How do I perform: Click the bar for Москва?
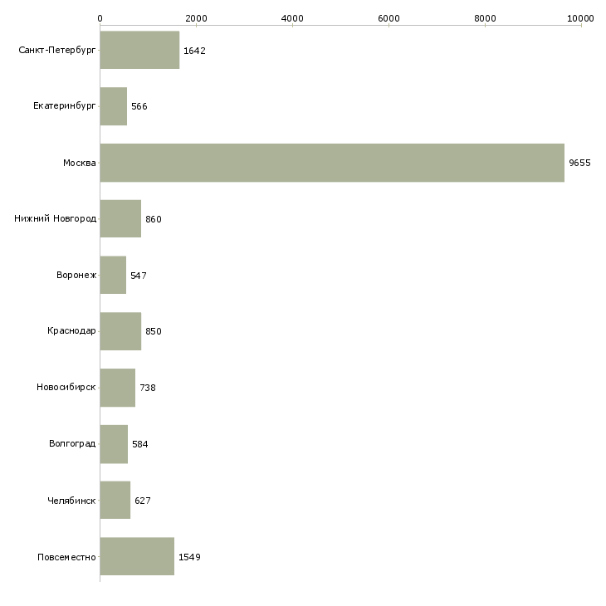pyautogui.click(x=332, y=163)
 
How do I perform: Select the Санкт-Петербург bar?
pyautogui.click(x=139, y=50)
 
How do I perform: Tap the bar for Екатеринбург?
pyautogui.click(x=113, y=106)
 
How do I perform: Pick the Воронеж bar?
pyautogui.click(x=113, y=275)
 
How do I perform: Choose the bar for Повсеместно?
pyautogui.click(x=137, y=556)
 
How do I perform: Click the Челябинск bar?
pyautogui.click(x=115, y=500)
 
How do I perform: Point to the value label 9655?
pyautogui.click(x=579, y=163)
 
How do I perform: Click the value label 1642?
pyautogui.click(x=194, y=51)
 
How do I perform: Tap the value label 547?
pyautogui.click(x=139, y=276)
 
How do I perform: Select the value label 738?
pyautogui.click(x=148, y=388)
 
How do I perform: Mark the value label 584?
pyautogui.click(x=140, y=444)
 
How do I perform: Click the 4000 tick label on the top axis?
pyautogui.click(x=292, y=18)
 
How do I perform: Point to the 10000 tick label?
pyautogui.click(x=580, y=18)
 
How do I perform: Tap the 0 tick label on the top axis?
pyautogui.click(x=100, y=18)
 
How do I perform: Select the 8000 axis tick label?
pyautogui.click(x=485, y=18)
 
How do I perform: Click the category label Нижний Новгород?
pyautogui.click(x=56, y=219)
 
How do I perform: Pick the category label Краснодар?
pyautogui.click(x=71, y=331)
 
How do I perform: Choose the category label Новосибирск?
pyautogui.click(x=66, y=387)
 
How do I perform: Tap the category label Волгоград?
pyautogui.click(x=72, y=443)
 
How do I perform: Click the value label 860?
pyautogui.click(x=154, y=219)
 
